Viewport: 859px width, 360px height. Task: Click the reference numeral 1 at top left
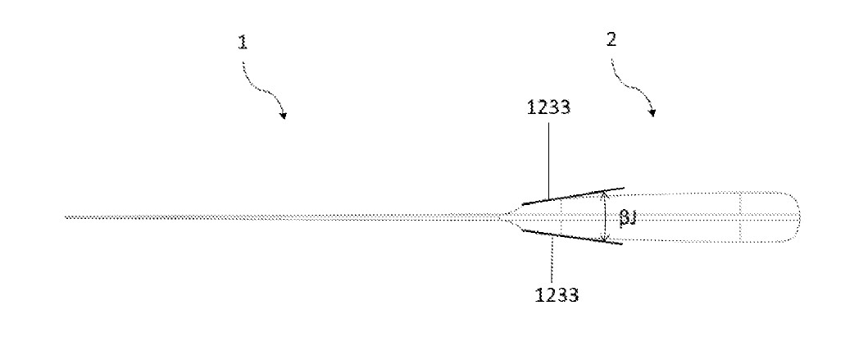242,43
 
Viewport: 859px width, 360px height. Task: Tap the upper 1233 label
548,108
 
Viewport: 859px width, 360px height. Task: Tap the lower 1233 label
557,294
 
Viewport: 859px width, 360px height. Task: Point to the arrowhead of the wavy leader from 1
283,116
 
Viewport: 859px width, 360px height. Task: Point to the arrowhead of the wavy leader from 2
652,113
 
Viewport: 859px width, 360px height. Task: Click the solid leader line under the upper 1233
548,161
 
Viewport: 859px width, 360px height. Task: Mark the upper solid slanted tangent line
572,196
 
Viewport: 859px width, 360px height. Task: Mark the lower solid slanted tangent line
572,237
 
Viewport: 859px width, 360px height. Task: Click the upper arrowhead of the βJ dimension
604,194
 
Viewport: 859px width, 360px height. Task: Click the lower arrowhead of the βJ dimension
604,239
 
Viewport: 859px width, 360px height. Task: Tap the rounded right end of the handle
799,217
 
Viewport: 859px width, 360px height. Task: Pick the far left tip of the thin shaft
66,217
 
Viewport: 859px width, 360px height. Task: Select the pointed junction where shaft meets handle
500,217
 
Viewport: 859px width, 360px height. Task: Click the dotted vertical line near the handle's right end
740,217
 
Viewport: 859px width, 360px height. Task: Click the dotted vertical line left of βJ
563,217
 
